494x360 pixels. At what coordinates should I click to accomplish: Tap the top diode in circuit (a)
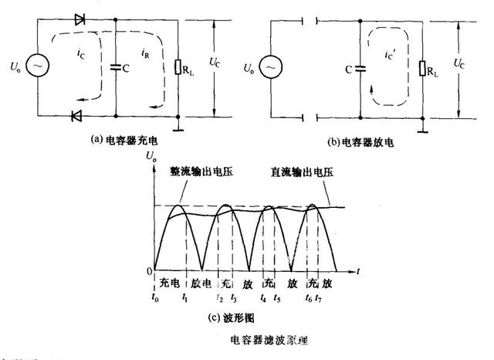(80, 19)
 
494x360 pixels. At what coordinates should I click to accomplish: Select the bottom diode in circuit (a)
(76, 116)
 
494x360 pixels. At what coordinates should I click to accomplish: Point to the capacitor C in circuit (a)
(114, 67)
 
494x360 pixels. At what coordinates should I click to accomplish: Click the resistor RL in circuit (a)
(179, 68)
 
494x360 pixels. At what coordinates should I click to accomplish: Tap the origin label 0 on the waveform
(150, 270)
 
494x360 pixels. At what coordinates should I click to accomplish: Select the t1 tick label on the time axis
(183, 298)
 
